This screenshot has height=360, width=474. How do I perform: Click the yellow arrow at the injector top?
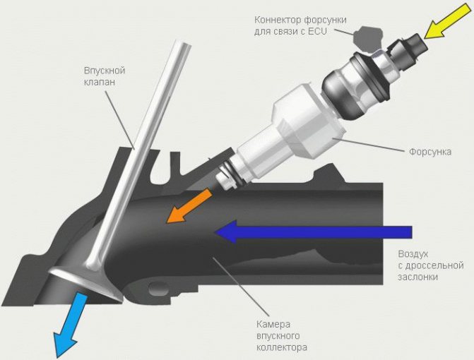click(447, 21)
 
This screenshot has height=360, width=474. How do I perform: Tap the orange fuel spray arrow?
click(189, 206)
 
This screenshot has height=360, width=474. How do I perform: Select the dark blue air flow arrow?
click(313, 232)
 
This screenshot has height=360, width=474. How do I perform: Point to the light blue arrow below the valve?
click(69, 325)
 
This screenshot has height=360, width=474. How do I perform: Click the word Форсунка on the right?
click(430, 152)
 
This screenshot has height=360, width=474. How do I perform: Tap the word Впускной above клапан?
click(105, 71)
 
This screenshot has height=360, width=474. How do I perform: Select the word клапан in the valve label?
click(100, 82)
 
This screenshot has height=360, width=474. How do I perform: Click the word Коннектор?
click(278, 20)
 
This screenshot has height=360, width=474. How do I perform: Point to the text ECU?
click(317, 31)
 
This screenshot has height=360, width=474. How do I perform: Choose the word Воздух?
click(413, 254)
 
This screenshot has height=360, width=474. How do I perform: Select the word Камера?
click(273, 325)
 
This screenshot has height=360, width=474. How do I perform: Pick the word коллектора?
click(282, 347)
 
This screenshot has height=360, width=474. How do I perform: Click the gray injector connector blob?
click(367, 38)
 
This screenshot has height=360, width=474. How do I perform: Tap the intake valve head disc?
click(85, 283)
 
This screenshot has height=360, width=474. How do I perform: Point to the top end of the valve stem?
click(182, 43)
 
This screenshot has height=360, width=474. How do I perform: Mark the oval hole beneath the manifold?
click(159, 289)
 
